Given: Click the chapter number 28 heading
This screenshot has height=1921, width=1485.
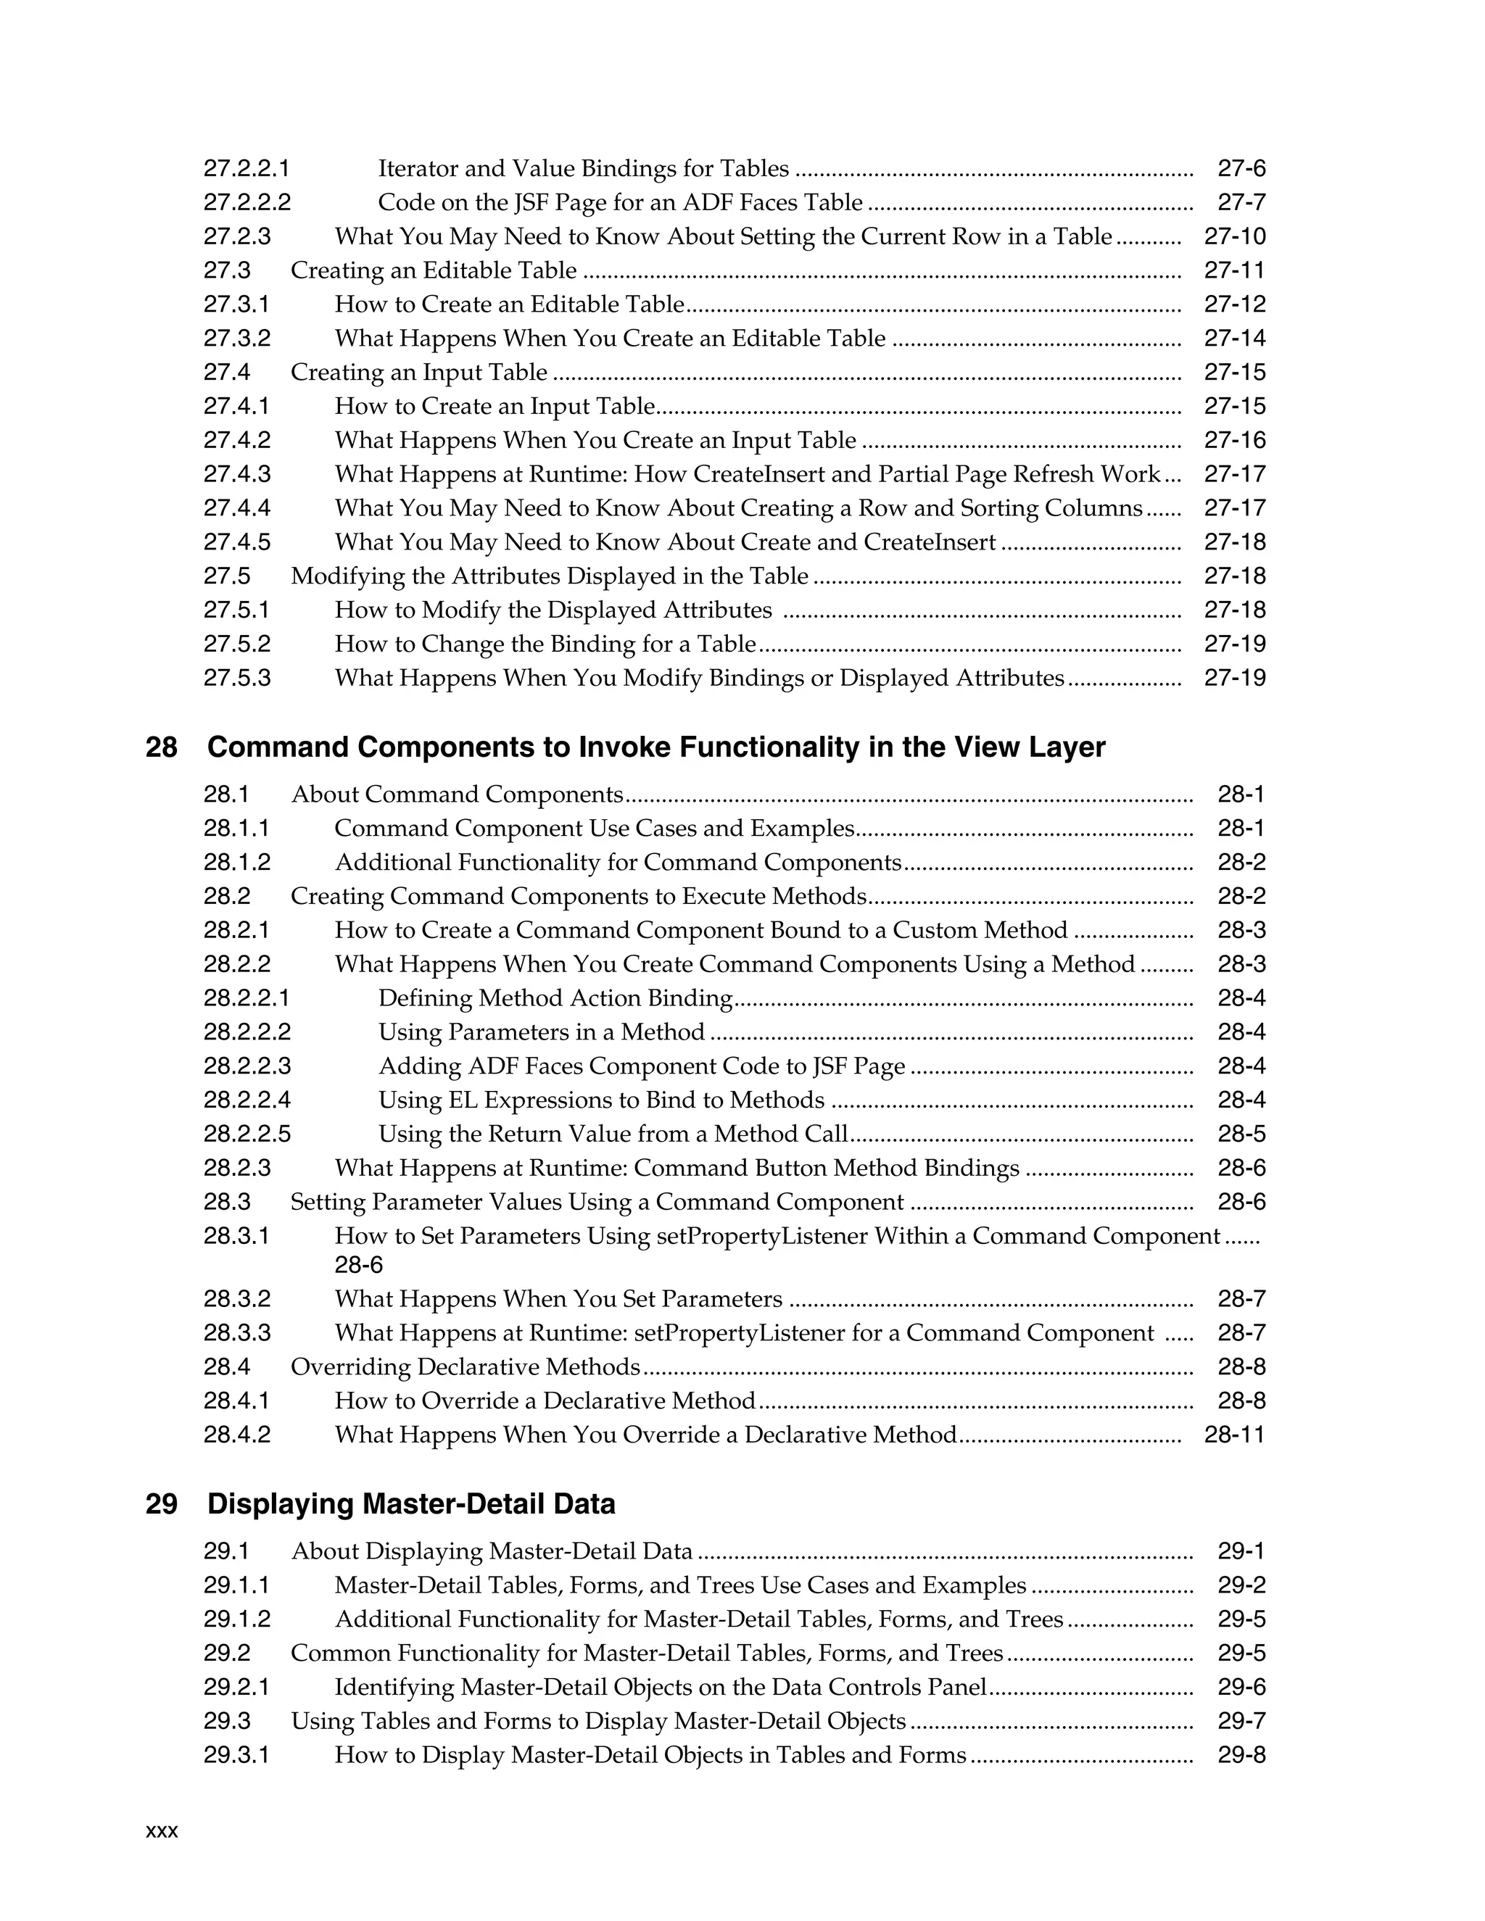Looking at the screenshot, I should coord(161,747).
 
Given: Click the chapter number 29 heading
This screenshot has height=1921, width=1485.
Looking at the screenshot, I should coord(161,1504).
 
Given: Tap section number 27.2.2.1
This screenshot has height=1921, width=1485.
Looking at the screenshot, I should coord(247,168).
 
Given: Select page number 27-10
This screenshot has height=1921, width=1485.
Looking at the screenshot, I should coord(1234,236).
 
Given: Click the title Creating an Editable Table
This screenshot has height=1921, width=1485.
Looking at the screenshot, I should coord(434,271).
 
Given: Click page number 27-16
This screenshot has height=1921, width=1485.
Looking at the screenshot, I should coord(1234,440).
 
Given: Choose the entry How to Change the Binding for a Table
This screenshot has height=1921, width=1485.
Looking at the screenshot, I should coord(545,644).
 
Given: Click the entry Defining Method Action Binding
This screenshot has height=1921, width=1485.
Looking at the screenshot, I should coord(555,998).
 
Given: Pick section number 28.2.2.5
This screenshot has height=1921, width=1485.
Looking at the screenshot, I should coord(247,1134).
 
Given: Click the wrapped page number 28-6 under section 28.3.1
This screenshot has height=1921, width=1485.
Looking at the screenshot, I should coord(359,1265).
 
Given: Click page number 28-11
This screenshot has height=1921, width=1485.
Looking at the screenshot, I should coord(1234,1435).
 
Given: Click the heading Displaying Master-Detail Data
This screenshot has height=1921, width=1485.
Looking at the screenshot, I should coord(411,1504).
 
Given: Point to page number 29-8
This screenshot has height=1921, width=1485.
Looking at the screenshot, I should coord(1241,1755).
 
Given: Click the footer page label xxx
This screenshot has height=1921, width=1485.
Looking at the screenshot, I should coord(162,1831).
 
